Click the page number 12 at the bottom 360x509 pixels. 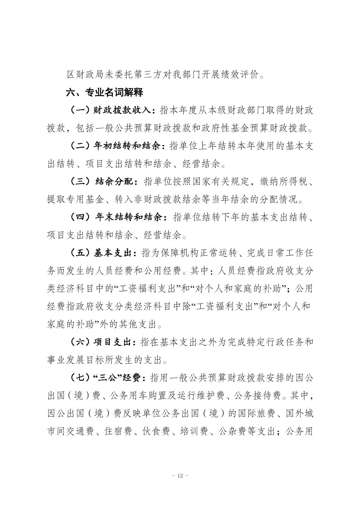coord(180,476)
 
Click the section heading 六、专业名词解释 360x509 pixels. coord(105,92)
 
